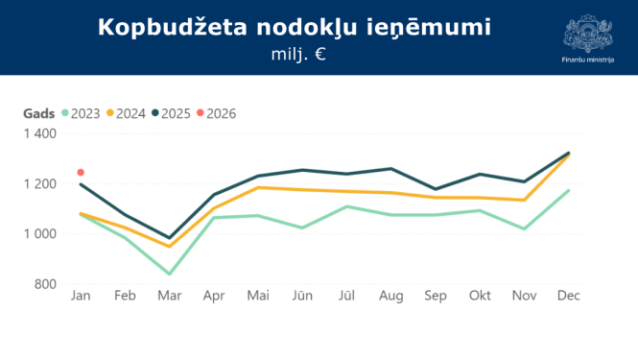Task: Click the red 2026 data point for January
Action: point(81,173)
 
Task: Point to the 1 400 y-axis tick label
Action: point(39,134)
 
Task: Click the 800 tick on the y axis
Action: point(45,284)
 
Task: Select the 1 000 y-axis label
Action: point(39,234)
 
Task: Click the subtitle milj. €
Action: point(298,55)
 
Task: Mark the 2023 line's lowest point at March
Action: point(169,274)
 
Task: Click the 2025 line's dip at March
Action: point(169,238)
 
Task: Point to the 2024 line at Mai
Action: point(257,187)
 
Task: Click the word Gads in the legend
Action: point(38,113)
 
